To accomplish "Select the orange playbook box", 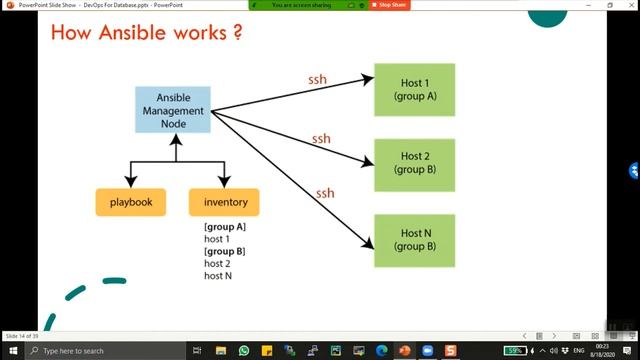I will pyautogui.click(x=130, y=202).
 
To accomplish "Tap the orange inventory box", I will pyautogui.click(x=224, y=202).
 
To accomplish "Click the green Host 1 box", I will pyautogui.click(x=414, y=89).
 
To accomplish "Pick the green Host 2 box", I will pyautogui.click(x=414, y=163).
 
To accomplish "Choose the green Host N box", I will pyautogui.click(x=414, y=239).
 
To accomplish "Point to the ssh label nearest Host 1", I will pyautogui.click(x=316, y=79).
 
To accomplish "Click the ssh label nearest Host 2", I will pyautogui.click(x=321, y=138).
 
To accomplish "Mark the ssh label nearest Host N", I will pyautogui.click(x=325, y=192).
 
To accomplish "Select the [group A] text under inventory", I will pyautogui.click(x=225, y=227).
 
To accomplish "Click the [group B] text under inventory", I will pyautogui.click(x=225, y=251).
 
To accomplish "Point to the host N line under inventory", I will pyautogui.click(x=218, y=275).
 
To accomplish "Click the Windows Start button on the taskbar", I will pyautogui.click(x=10, y=351).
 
